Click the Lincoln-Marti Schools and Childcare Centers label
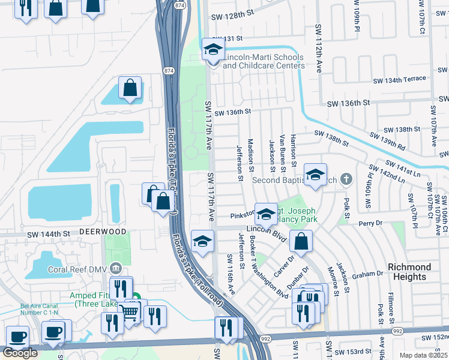point(263,61)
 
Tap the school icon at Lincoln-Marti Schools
point(212,50)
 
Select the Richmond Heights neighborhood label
point(409,272)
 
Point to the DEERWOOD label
point(104,231)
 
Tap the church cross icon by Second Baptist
point(345,179)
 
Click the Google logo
point(20,352)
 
